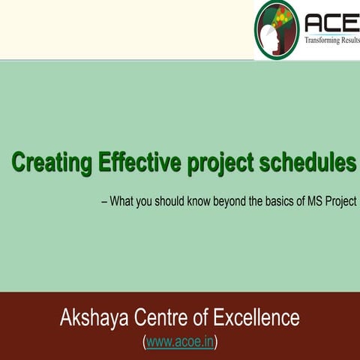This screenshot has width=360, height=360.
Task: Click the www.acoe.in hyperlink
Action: pyautogui.click(x=180, y=342)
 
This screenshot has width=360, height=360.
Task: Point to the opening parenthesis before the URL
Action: pyautogui.click(x=144, y=342)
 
